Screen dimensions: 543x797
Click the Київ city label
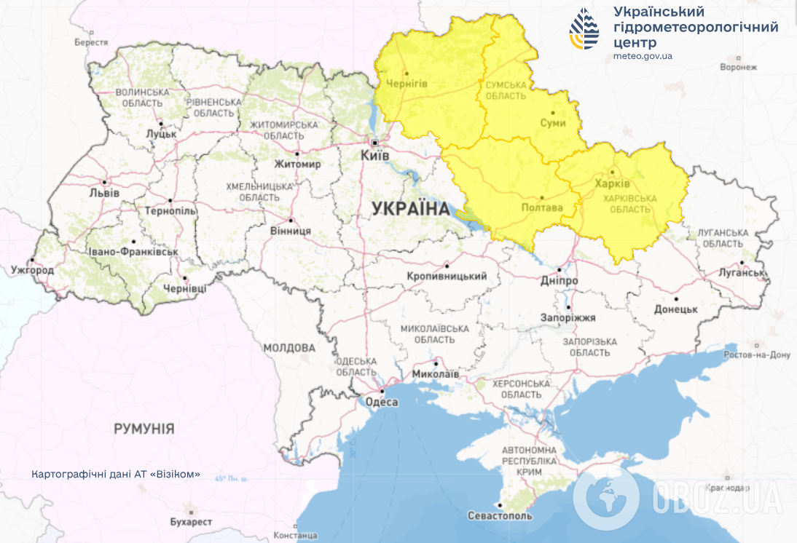pos(375,156)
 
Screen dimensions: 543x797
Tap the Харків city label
pos(613,183)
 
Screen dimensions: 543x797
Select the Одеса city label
pos(381,403)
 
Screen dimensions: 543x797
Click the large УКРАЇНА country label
pos(411,208)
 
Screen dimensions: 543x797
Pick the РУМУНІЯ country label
pos(144,428)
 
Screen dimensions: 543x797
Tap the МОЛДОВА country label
pos(289,347)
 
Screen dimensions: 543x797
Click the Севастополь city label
pos(500,516)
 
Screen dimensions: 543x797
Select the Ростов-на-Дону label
pos(757,355)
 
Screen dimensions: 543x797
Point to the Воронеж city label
pos(739,67)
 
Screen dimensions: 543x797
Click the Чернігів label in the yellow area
pos(406,83)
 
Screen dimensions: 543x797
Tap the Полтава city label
pos(542,207)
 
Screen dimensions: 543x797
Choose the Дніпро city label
pos(560,280)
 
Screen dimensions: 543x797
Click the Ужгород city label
pos(32,270)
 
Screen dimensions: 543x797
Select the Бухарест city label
pos(191,522)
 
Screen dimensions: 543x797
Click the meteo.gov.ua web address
pos(643,56)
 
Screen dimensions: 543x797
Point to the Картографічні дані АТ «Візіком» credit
pos(116,475)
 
